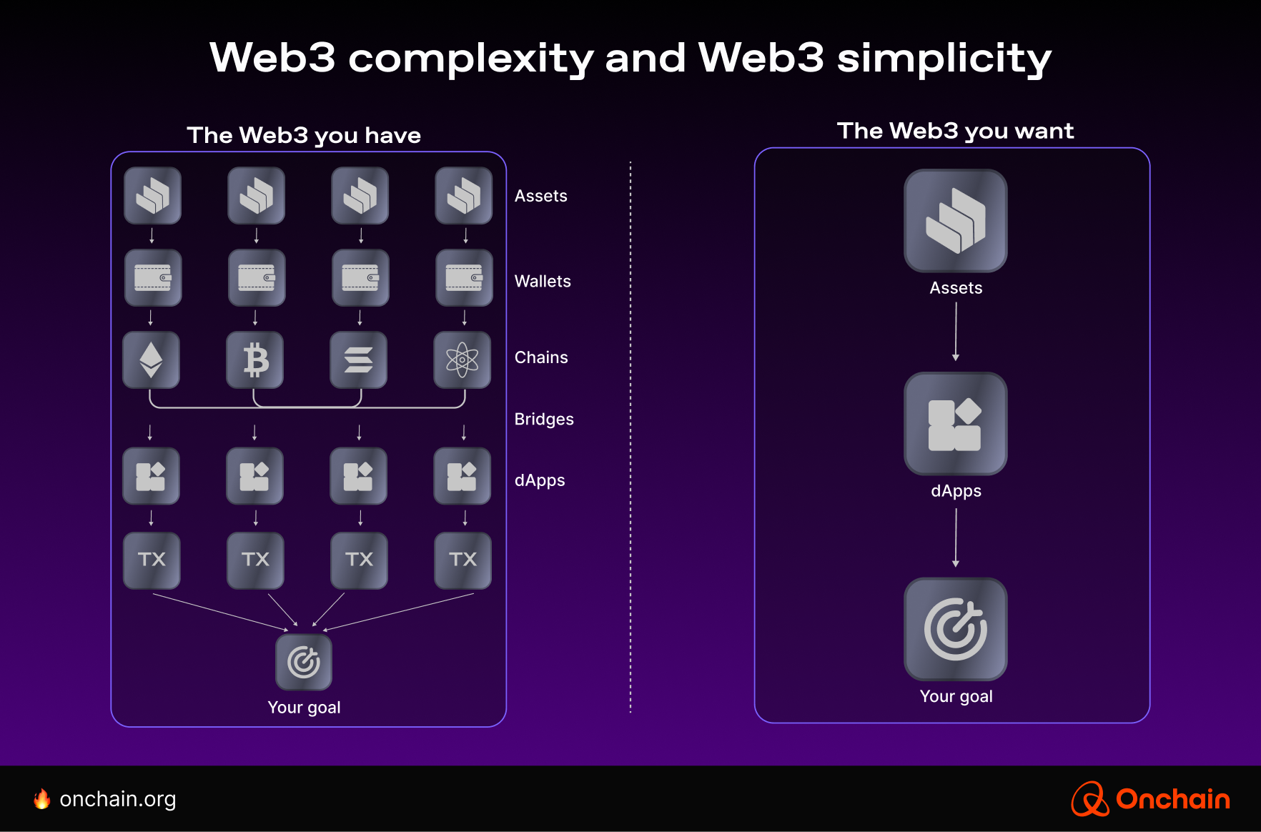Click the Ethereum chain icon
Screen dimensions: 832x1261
151,360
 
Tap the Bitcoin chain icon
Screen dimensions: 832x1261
255,360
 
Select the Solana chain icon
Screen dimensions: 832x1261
359,360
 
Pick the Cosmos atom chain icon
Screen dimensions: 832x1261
463,360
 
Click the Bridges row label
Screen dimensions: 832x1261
544,420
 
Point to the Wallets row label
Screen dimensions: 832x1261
543,282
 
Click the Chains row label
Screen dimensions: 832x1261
541,357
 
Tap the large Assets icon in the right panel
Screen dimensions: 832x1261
956,221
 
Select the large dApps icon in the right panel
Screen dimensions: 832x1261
956,424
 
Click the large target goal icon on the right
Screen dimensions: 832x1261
956,629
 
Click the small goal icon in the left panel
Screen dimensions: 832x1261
304,662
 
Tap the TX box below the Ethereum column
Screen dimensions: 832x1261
152,560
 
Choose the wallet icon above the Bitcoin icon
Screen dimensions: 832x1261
257,277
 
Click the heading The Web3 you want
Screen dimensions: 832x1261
955,131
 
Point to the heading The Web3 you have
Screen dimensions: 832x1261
304,135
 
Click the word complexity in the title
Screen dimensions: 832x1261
470,59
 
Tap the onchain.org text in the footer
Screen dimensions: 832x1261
118,799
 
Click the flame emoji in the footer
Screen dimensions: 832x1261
42,799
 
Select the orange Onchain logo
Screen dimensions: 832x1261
1151,799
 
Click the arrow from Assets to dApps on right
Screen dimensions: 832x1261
956,331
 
